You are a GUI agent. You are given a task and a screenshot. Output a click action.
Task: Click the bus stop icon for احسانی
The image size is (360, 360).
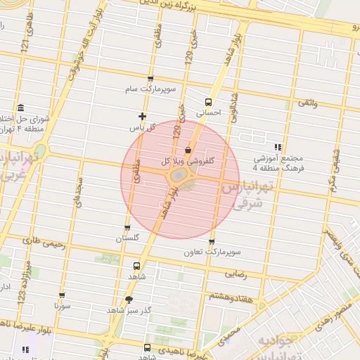(208, 101)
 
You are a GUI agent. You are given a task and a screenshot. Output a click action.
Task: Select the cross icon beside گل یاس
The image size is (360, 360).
(142, 116)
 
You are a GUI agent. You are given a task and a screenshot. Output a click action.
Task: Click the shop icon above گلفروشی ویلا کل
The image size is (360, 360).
(188, 150)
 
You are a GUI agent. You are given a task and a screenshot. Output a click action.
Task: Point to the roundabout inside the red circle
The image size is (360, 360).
(179, 174)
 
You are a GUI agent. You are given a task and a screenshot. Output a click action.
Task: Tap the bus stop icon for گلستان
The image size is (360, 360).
(127, 227)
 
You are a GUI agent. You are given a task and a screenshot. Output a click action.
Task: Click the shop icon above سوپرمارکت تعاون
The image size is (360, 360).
(212, 242)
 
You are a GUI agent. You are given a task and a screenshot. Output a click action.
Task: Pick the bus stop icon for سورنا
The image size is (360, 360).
(62, 295)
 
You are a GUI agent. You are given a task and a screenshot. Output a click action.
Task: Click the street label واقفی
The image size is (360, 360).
(308, 103)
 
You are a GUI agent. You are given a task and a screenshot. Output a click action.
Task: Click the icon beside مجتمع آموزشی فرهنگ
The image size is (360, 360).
(278, 147)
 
